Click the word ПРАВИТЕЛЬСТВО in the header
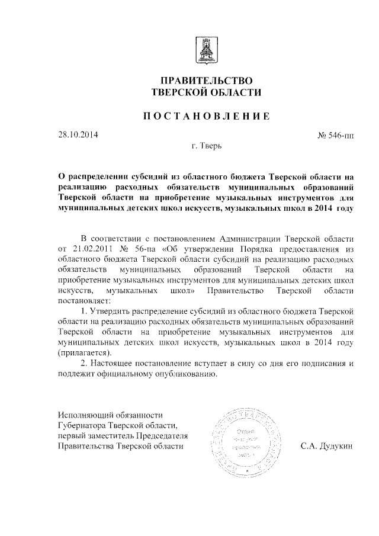coord(206,80)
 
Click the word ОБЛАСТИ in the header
coord(235,92)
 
